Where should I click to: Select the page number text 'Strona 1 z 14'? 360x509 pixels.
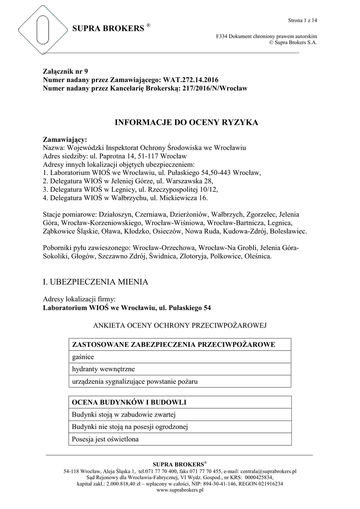tap(302, 20)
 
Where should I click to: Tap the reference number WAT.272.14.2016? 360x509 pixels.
tap(190, 80)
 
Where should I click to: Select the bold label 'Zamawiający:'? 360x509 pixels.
tap(65, 140)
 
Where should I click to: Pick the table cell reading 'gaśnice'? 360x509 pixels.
tap(83, 357)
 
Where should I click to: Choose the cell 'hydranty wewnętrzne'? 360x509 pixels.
tap(103, 369)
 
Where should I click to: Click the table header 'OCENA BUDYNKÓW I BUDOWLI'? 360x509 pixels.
tap(129, 402)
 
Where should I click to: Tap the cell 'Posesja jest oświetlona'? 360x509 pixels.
tap(105, 439)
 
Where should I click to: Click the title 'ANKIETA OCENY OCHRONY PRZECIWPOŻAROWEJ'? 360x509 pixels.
tap(180, 326)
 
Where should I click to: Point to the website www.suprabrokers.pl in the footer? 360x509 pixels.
tap(180, 490)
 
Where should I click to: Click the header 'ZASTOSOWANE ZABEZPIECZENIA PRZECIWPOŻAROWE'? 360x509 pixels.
tap(174, 344)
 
